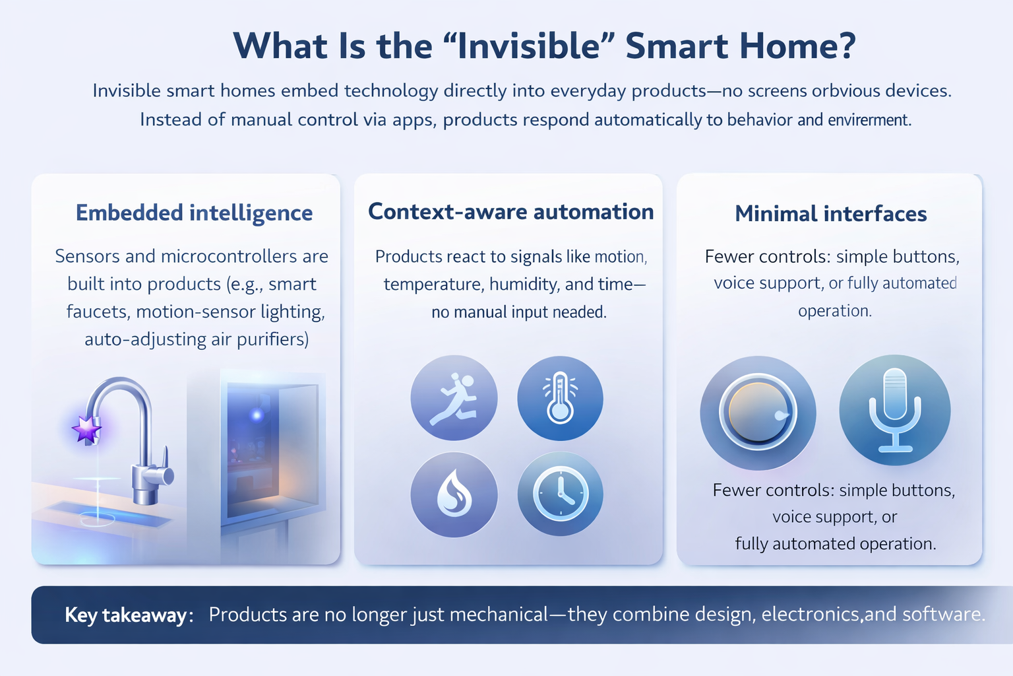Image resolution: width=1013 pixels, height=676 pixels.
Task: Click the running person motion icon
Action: [x=454, y=398]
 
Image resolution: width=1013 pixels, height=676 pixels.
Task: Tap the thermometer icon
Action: [x=560, y=398]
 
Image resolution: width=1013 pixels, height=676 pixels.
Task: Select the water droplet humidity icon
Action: [x=454, y=494]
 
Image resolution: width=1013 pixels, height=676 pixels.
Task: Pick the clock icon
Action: [x=560, y=494]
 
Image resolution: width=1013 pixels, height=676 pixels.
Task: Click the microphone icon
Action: [x=894, y=410]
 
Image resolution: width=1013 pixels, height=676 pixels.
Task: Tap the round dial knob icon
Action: [x=758, y=413]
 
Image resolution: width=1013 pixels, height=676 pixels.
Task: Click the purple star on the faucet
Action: [x=86, y=429]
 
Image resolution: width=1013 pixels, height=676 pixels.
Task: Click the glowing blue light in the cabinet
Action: [x=257, y=415]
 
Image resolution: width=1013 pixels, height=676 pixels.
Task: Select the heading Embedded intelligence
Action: [x=194, y=213]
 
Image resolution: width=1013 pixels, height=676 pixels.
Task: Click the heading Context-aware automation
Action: [x=510, y=212]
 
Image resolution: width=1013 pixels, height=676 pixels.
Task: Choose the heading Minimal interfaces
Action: [x=830, y=214]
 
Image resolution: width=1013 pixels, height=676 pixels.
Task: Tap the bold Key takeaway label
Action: [x=125, y=615]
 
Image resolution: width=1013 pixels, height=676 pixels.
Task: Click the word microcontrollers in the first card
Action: [x=229, y=256]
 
